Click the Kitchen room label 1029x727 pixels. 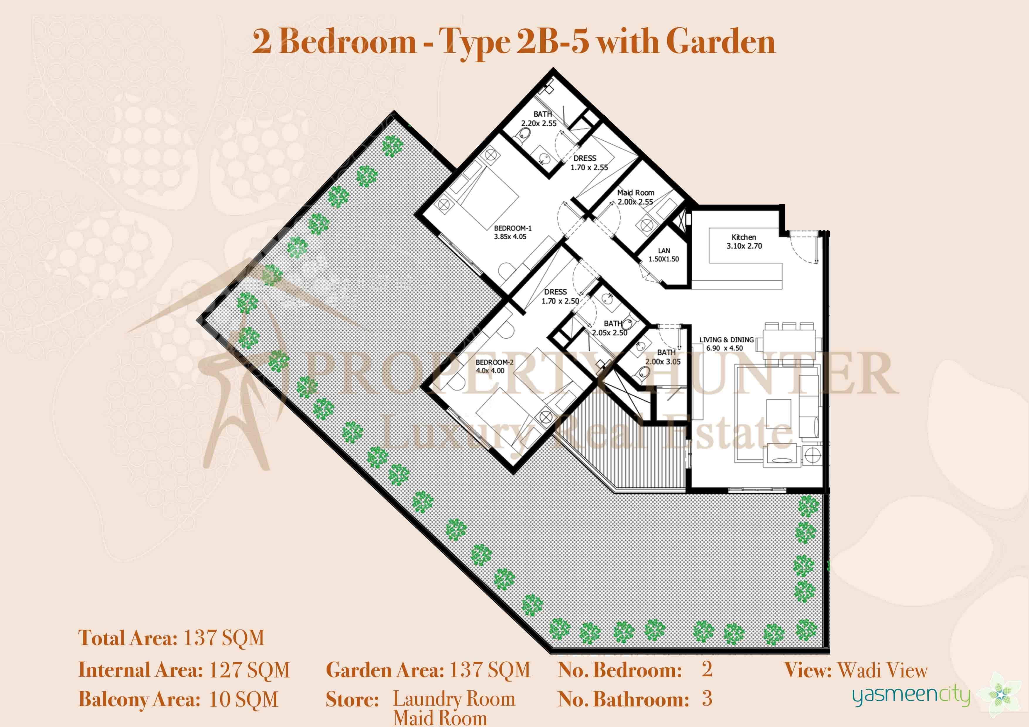point(744,237)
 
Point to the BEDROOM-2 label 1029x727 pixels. point(494,362)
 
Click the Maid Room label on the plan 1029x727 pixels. point(636,193)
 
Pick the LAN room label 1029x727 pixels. point(664,250)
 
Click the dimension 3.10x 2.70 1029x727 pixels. point(744,246)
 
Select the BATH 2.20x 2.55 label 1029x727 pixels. point(539,119)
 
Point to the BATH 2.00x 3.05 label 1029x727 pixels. point(663,357)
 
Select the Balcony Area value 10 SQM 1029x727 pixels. point(244,699)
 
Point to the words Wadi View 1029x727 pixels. point(882,670)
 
